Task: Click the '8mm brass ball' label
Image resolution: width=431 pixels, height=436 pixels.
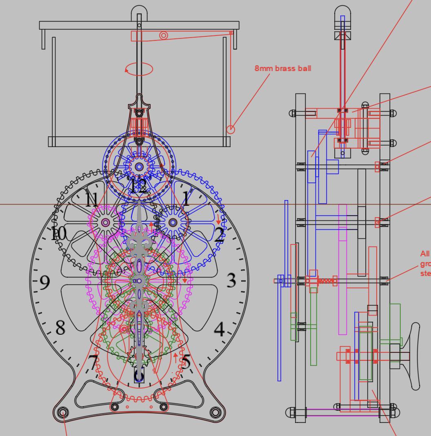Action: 283,68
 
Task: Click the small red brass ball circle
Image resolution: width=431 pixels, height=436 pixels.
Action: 231,129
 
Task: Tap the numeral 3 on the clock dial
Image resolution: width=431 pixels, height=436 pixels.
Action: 231,280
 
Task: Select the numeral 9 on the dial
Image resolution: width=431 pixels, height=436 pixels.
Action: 45,282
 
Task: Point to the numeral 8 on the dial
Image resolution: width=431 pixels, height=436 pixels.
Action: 60,327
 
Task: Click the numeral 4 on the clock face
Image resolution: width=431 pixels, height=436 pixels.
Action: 220,329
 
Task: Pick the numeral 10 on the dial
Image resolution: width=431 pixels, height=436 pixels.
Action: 58,234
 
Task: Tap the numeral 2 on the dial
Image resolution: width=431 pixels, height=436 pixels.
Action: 219,236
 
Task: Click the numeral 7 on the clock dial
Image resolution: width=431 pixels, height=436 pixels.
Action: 93,363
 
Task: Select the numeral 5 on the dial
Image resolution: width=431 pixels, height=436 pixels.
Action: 186,362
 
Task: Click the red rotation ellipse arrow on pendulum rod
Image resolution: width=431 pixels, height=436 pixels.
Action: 139,69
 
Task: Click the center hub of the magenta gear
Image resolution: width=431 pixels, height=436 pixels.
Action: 106,222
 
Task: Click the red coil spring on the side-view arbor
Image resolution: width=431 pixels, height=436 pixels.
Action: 325,281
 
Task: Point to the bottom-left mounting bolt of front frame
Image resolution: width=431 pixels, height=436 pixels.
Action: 63,413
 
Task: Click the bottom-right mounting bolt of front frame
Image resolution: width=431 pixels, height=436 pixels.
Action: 215,412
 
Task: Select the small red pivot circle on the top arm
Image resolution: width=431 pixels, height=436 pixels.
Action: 163,36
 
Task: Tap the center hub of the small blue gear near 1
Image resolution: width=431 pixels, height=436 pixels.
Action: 173,222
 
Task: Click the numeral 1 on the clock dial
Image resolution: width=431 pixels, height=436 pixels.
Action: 187,199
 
